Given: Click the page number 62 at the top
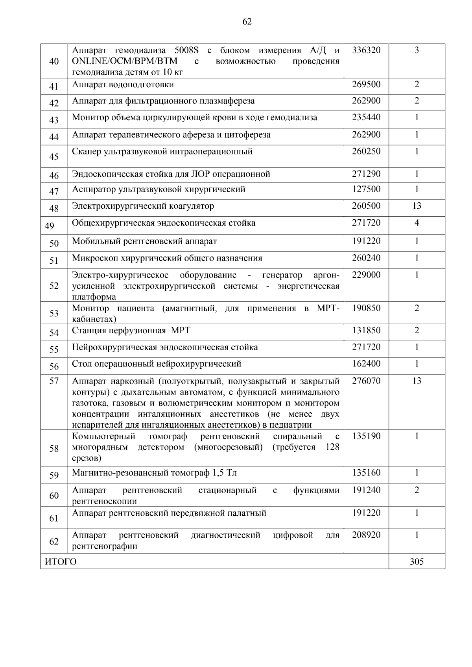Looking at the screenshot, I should point(247,22).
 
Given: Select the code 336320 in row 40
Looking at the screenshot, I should point(366,50).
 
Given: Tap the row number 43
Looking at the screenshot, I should point(54,120).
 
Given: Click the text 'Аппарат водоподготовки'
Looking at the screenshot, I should point(123,85).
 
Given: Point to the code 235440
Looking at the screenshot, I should point(366,117).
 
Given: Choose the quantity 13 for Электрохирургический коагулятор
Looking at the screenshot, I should point(417,206).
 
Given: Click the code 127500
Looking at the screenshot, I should point(366,189).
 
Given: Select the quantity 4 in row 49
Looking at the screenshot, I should point(417,223).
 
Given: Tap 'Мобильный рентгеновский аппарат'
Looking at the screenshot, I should point(144,241).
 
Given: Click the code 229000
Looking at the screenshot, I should point(366,275).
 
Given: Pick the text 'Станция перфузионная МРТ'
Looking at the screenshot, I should point(131,330).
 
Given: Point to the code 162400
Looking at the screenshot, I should point(366,364).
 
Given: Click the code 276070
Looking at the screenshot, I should point(366,380).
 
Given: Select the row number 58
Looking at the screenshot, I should point(54,448).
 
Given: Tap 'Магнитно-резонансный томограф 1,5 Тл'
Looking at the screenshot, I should point(154,472).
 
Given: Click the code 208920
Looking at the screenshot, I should point(366,535).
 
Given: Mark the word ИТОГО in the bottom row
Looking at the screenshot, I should point(61,562).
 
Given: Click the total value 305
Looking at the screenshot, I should point(417,562).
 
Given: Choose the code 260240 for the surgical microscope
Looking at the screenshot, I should point(366,258).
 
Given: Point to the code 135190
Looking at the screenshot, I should point(366,436).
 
